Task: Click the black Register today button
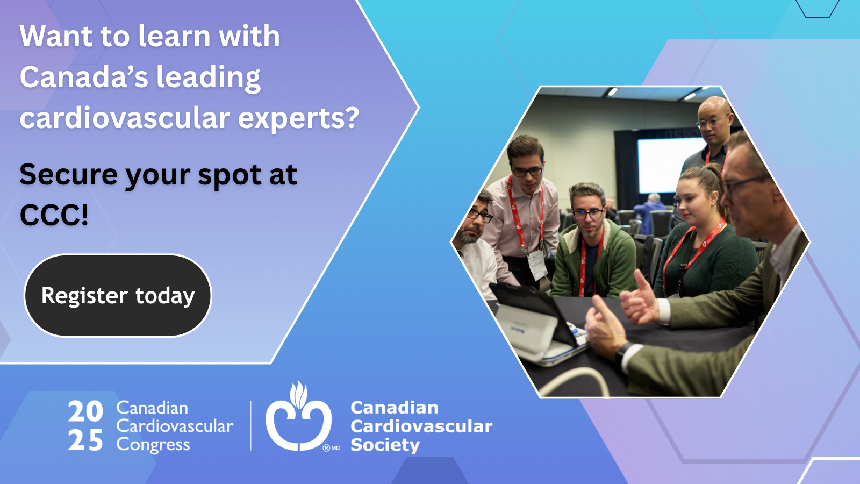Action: click(118, 295)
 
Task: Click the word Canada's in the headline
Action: click(84, 77)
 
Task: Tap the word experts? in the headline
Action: click(298, 119)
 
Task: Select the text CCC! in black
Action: click(54, 215)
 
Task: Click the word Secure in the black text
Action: click(68, 175)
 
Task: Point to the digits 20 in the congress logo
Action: click(85, 411)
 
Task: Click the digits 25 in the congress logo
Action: click(85, 440)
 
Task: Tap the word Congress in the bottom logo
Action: click(153, 445)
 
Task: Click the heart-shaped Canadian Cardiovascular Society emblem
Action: click(299, 417)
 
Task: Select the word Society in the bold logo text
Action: click(385, 445)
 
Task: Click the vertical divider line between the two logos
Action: click(251, 425)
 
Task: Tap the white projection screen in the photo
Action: click(672, 165)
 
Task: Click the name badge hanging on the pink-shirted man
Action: click(537, 265)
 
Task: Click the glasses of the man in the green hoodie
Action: click(587, 214)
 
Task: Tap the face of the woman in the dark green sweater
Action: click(693, 205)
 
